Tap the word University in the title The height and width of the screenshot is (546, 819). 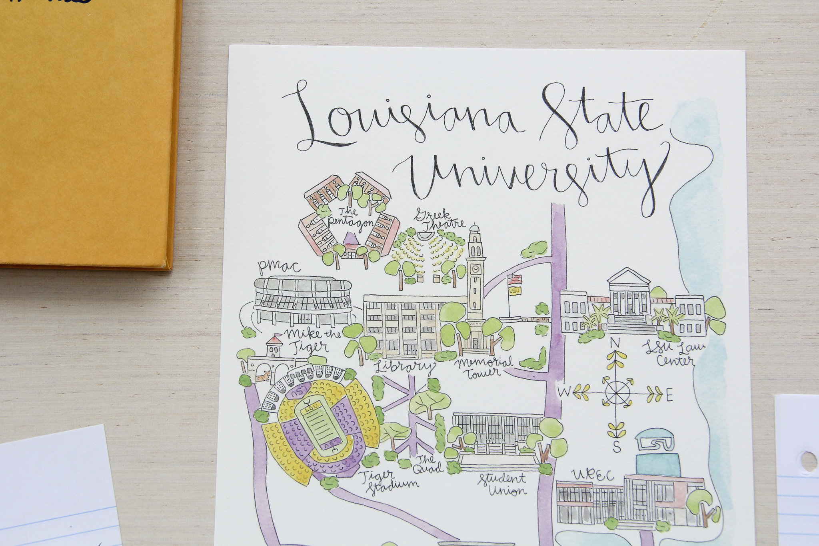(528, 176)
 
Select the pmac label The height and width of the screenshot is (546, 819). (279, 266)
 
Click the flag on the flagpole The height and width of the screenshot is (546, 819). (514, 280)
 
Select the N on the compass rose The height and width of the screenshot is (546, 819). (615, 343)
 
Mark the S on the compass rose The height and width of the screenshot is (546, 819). (617, 446)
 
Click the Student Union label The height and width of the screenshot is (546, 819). (503, 484)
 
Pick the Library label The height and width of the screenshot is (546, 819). (404, 367)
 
